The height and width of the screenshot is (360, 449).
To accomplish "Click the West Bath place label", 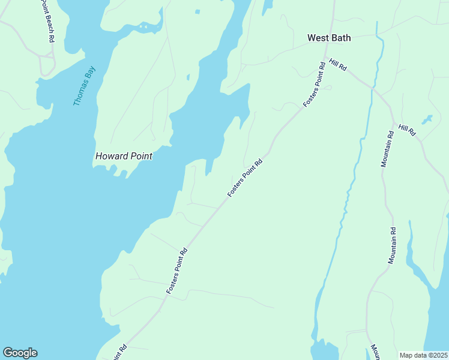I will click(x=329, y=38).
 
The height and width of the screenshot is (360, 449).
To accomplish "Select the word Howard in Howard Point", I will click(x=112, y=156).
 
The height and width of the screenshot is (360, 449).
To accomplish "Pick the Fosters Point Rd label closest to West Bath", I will click(x=315, y=83).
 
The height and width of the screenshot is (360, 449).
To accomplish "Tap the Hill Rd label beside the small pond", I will click(x=407, y=130).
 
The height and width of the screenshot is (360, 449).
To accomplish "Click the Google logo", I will click(x=20, y=353).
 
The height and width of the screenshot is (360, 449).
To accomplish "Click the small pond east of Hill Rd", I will click(x=427, y=119).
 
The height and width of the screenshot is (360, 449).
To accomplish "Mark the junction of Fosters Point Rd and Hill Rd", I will click(x=327, y=58).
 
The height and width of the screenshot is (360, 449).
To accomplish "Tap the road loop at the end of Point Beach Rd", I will click(x=47, y=63).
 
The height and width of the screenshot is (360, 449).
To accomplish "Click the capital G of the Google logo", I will click(x=8, y=353).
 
